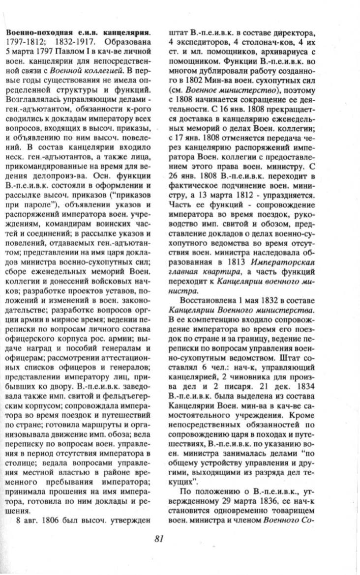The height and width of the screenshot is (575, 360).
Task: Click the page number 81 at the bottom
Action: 158,539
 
